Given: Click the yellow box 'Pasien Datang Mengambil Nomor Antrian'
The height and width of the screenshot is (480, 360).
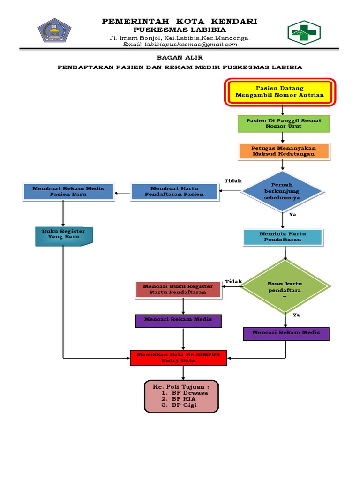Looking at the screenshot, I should point(279,91).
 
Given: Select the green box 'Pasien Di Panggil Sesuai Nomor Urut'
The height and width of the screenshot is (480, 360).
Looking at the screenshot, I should point(283,124).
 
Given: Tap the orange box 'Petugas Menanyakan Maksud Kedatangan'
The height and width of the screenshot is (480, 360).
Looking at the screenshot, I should point(283,151).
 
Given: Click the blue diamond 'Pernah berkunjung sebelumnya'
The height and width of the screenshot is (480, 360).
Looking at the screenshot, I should point(282,191).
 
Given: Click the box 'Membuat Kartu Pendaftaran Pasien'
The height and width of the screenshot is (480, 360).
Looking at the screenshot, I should point(174,191).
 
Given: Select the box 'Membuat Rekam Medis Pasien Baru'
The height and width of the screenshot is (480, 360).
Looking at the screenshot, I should point(68,191).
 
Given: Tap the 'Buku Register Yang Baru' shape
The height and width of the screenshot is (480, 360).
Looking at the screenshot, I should point(64,236).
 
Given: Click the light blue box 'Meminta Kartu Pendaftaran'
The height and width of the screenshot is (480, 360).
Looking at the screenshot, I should point(283,237).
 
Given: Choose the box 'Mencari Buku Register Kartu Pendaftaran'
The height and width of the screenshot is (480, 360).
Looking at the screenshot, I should point(178,290).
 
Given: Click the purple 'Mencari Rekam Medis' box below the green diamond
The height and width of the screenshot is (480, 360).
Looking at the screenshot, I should point(286,333).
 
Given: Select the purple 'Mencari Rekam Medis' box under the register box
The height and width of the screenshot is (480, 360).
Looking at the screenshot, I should point(178,320).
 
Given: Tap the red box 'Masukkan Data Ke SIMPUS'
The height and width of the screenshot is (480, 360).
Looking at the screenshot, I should point(178,358).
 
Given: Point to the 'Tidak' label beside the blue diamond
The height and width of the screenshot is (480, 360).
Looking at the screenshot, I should point(232,181).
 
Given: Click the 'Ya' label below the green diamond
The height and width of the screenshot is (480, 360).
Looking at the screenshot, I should point(296,315).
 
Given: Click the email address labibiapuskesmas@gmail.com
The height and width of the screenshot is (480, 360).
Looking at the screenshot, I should point(180,45).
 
